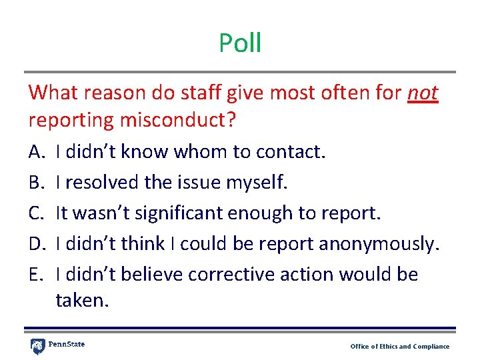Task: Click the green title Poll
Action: [240, 43]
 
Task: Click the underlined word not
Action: [422, 93]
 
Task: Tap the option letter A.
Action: [36, 153]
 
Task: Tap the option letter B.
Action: [36, 183]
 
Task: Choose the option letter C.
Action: [36, 213]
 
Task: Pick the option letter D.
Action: [37, 244]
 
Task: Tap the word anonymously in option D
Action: [379, 244]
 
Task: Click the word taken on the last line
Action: [81, 301]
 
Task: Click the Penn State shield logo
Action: [38, 347]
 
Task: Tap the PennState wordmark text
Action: [67, 345]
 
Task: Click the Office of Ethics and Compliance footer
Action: [400, 347]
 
